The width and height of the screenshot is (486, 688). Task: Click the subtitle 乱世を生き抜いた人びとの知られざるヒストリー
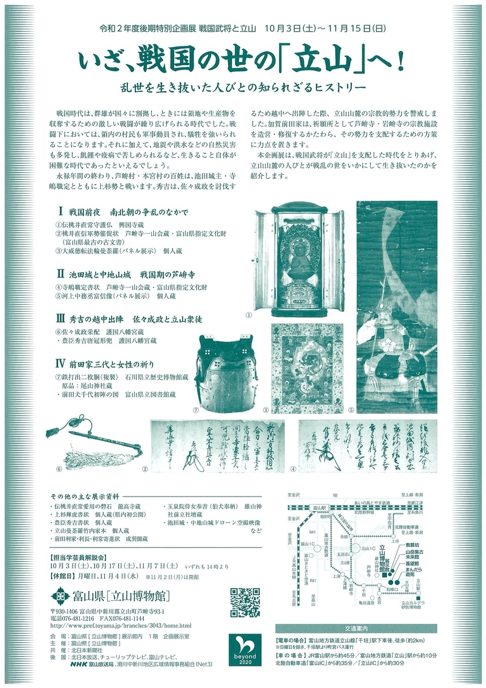tap(242, 87)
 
